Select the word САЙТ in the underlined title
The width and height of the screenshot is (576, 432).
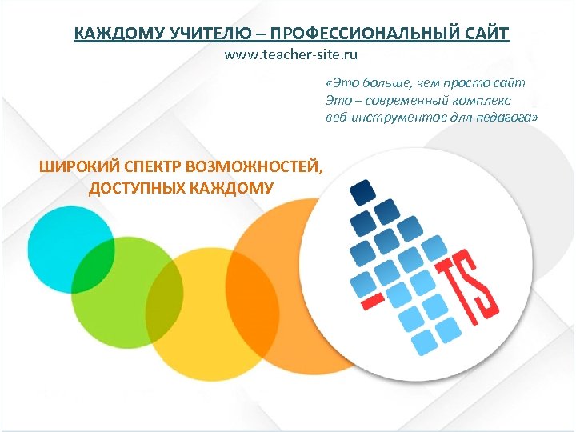(x=484, y=34)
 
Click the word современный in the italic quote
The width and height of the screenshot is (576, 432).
(x=404, y=100)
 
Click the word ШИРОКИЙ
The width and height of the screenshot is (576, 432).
(x=77, y=167)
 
